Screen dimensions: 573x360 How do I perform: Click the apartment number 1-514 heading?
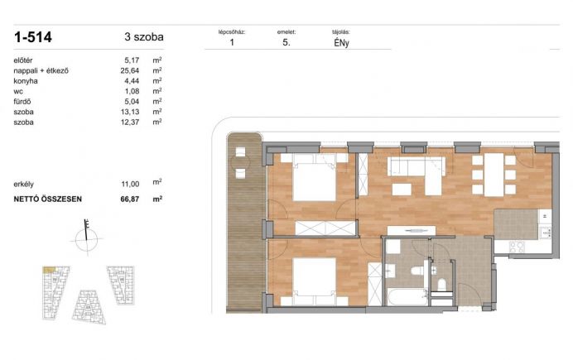coord(33,37)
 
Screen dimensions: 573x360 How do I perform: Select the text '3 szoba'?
coord(144,37)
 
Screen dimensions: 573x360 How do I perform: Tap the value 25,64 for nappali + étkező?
coord(130,70)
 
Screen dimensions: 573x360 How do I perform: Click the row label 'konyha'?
coord(26,81)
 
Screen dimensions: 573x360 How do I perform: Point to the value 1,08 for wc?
coord(132,91)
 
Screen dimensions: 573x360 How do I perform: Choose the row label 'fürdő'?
coord(22,102)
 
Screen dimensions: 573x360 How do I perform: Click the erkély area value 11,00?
coord(130,184)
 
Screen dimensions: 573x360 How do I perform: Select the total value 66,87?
coord(130,199)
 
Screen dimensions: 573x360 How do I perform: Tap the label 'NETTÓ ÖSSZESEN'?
coord(47,199)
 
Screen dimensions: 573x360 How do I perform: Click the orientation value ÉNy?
coord(341,43)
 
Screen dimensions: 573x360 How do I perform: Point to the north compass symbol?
coord(87,238)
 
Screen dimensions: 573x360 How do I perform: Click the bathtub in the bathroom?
coord(407,297)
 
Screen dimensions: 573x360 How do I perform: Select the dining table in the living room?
coord(494,175)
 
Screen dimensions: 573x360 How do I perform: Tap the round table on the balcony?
coord(240,162)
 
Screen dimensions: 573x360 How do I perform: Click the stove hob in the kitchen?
coord(517,247)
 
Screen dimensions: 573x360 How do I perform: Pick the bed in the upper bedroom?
coord(315,177)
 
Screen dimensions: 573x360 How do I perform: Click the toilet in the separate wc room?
coord(442,285)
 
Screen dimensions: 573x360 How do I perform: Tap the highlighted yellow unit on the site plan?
coord(50,270)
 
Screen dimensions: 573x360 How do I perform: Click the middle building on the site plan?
coord(89,307)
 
